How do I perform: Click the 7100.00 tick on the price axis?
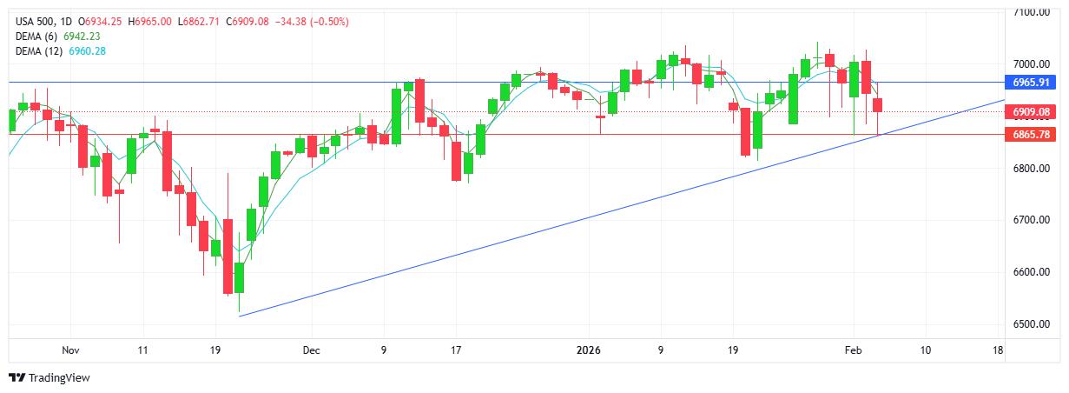coord(1032,12)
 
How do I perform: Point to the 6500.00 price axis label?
coord(1032,324)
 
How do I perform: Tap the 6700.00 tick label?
coord(1032,220)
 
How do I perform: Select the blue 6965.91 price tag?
coord(1031,83)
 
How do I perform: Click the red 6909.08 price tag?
coord(1031,112)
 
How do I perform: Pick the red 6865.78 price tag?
coord(1031,135)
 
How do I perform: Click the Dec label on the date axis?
coord(311,350)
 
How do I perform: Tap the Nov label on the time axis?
coord(71,350)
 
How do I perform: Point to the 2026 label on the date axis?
coord(588,350)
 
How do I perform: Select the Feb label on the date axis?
coord(853,350)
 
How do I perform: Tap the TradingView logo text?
coord(59,378)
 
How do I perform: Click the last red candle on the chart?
coord(878,105)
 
